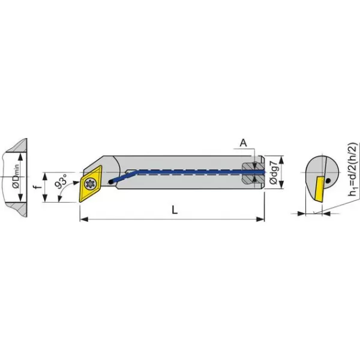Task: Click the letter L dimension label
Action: pyautogui.click(x=175, y=209)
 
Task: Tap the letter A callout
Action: pyautogui.click(x=244, y=143)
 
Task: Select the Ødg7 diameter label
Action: pyautogui.click(x=274, y=173)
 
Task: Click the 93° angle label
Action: pyautogui.click(x=61, y=181)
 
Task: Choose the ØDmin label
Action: pyautogui.click(x=16, y=177)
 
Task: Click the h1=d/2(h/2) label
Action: pyautogui.click(x=353, y=169)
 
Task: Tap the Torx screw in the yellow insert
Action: pyautogui.click(x=90, y=184)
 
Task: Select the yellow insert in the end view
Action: pyautogui.click(x=319, y=189)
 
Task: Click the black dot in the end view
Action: pyautogui.click(x=328, y=181)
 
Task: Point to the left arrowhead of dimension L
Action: pyautogui.click(x=84, y=219)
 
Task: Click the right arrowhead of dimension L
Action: pyautogui.click(x=260, y=219)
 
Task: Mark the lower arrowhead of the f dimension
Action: pyautogui.click(x=45, y=198)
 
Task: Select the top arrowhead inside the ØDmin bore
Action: pyautogui.click(x=20, y=157)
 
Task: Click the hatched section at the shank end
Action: pyautogui.click(x=252, y=172)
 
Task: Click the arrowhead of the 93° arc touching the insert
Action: pyautogui.click(x=76, y=182)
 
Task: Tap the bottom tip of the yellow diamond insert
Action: pyautogui.click(x=80, y=202)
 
